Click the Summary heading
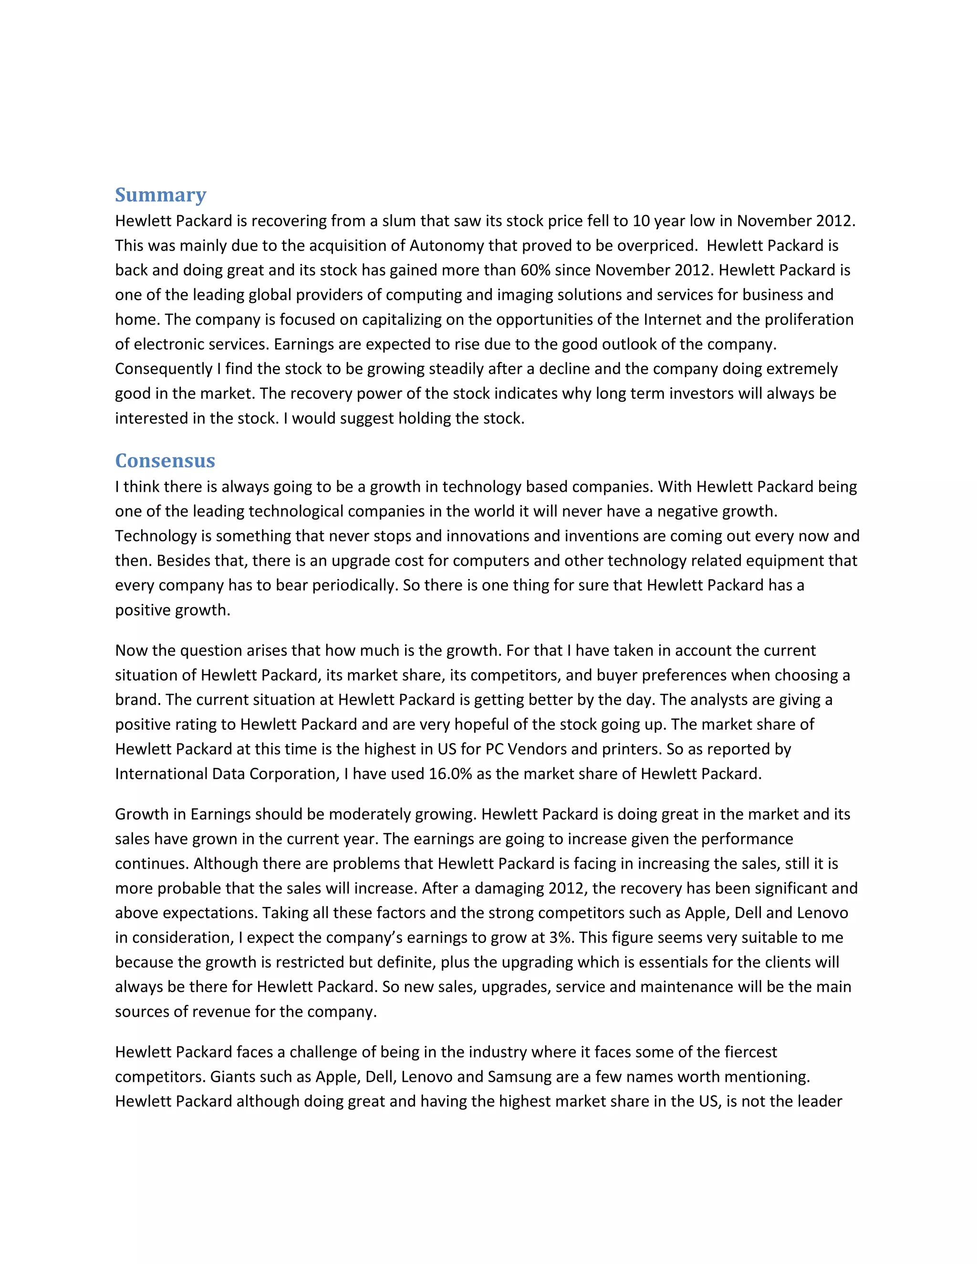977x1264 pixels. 160,195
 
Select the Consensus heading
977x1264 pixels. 165,461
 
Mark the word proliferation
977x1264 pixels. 809,320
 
